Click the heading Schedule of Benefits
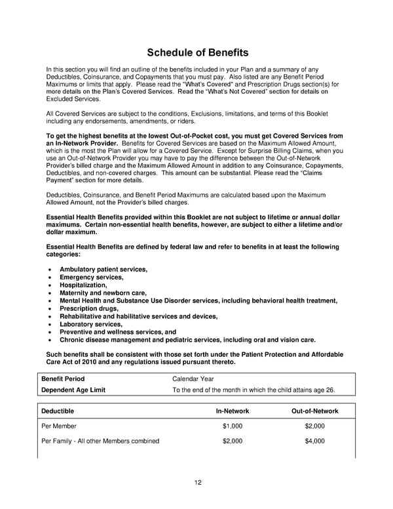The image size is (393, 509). coord(197,52)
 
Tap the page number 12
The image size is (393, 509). coord(197,483)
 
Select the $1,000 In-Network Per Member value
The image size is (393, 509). coord(233,426)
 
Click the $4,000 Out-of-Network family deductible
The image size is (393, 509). coord(314,441)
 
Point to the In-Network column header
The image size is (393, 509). coord(233,411)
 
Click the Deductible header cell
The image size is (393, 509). coord(58,411)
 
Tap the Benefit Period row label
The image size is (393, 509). coord(63,378)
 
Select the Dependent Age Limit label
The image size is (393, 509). coord(73,390)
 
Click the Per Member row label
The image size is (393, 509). coord(60,426)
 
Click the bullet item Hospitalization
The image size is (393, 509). coord(83,285)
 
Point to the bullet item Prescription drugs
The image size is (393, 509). coord(89,308)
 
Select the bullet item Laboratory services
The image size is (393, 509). coord(91,324)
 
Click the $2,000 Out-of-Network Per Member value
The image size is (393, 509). coord(314,426)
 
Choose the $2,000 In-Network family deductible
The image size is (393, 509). coord(233,441)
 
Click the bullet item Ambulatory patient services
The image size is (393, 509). coord(103,270)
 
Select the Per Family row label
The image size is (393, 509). coord(100,441)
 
